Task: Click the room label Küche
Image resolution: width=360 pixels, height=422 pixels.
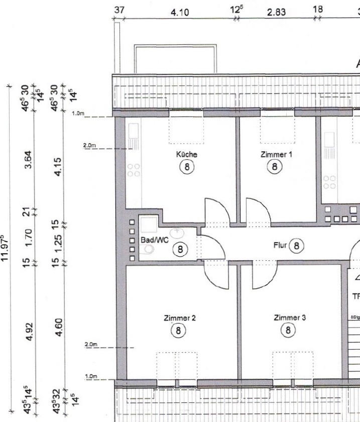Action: pyautogui.click(x=186, y=154)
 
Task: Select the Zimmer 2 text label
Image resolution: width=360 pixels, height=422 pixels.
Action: pyautogui.click(x=179, y=318)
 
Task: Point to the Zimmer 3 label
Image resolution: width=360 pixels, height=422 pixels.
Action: pyautogui.click(x=288, y=318)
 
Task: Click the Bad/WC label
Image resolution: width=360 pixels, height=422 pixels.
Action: pyautogui.click(x=154, y=241)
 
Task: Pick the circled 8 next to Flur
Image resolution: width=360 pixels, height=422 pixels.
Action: pyautogui.click(x=297, y=245)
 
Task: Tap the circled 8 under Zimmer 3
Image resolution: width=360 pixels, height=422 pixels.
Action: pyautogui.click(x=288, y=330)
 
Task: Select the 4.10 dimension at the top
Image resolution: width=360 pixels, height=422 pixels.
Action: pyautogui.click(x=180, y=13)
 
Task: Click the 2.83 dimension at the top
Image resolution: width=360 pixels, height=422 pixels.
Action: pyautogui.click(x=277, y=13)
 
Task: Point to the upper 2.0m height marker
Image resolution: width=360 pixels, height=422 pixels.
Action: pyautogui.click(x=90, y=146)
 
